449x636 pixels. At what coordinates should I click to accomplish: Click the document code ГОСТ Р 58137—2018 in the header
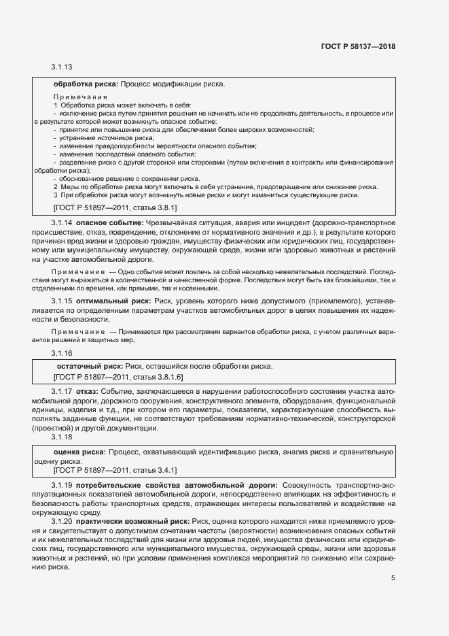pos(358,47)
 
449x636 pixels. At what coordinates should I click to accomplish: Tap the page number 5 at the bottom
pos(393,578)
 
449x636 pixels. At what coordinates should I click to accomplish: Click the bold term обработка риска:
pos(86,84)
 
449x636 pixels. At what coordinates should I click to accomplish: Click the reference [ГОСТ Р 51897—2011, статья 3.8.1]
pos(115,207)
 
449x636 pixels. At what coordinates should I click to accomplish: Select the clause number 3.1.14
pos(62,223)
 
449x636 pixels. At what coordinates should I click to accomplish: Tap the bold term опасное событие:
pos(109,223)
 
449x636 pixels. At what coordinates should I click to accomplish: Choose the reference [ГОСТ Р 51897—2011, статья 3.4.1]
pos(115,469)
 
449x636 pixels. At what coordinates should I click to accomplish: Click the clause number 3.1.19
pos(62,484)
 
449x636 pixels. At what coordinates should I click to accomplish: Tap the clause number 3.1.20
pos(62,521)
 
